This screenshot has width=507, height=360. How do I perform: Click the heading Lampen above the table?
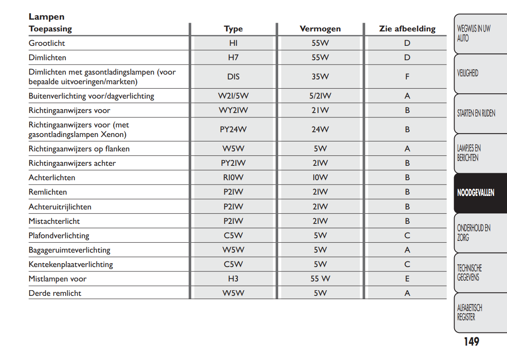(x=46, y=17)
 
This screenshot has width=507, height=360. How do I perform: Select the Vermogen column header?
(x=320, y=29)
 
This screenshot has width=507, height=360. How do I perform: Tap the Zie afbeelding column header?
(x=407, y=29)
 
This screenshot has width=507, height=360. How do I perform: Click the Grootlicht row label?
(x=47, y=43)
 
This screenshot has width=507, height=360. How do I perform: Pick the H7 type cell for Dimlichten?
(x=233, y=58)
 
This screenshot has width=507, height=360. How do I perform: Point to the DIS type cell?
(x=233, y=77)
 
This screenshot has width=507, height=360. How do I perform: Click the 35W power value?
(x=320, y=77)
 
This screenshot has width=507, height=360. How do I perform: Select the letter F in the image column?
(x=407, y=77)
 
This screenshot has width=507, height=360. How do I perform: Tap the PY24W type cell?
(x=233, y=130)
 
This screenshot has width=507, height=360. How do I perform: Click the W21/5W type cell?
(x=233, y=96)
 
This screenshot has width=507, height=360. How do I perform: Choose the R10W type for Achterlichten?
(x=233, y=178)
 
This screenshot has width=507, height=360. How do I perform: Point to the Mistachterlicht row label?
(x=54, y=221)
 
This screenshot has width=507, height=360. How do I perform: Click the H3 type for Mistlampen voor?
(x=233, y=279)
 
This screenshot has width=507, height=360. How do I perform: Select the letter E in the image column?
(x=407, y=279)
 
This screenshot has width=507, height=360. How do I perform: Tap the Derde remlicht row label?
(x=55, y=293)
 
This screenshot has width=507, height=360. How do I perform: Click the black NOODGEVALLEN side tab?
(x=476, y=193)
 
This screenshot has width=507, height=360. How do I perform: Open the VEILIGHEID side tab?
(x=468, y=73)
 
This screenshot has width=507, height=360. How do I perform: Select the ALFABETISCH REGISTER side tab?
(x=469, y=312)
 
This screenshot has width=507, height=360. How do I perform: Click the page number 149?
(x=471, y=342)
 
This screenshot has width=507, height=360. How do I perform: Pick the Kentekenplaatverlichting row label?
(x=71, y=264)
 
